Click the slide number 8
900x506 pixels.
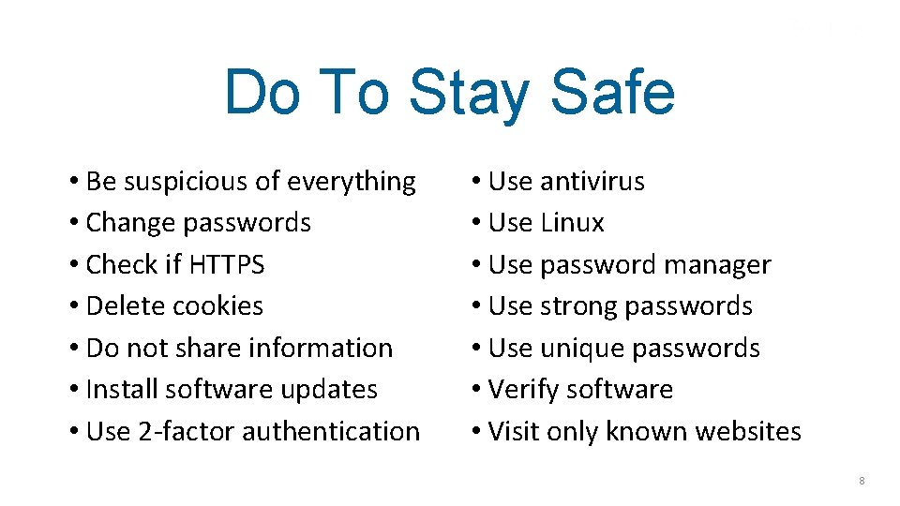pos(862,481)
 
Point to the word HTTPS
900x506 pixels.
pos(227,265)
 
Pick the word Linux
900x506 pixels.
pos(573,223)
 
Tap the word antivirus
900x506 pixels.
pos(592,182)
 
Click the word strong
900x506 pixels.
pos(578,306)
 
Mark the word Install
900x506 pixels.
pos(116,390)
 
